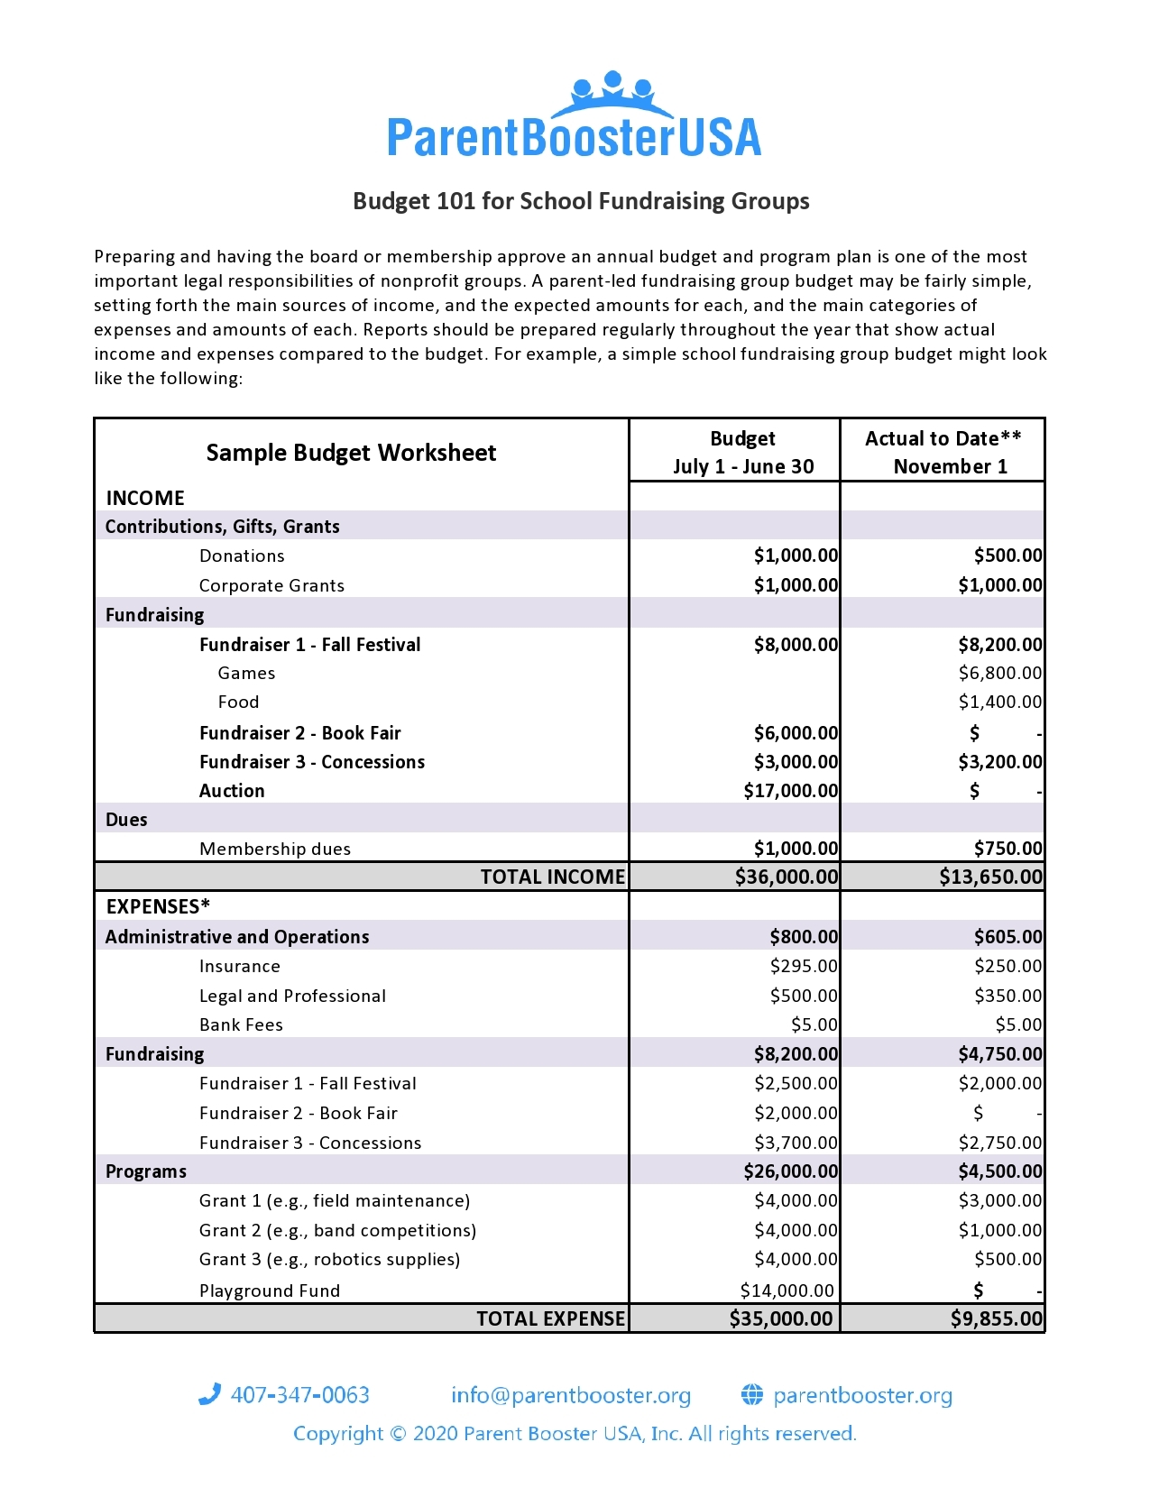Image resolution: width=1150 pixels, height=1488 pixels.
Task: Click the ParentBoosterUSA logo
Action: [x=575, y=117]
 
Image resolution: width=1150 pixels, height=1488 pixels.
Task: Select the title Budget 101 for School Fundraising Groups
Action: [x=581, y=201]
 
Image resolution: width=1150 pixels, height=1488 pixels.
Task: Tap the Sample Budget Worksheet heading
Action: [x=351, y=453]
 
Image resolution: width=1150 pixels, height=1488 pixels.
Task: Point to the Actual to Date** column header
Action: [x=943, y=439]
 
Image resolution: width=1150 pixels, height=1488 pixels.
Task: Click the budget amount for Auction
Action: [x=791, y=791]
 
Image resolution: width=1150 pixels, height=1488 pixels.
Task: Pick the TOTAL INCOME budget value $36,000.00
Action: [x=787, y=877]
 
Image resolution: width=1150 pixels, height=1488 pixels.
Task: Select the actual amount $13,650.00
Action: [x=990, y=877]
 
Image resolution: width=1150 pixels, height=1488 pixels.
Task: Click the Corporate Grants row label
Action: [x=271, y=585]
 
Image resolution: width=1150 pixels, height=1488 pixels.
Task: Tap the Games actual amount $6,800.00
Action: [x=999, y=673]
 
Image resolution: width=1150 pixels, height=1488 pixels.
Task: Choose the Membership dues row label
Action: [x=275, y=849]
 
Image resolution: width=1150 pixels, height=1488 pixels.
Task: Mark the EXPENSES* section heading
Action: [x=158, y=906]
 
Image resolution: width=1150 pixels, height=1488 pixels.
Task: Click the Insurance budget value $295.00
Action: [x=804, y=966]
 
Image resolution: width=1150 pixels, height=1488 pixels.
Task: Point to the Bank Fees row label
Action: [x=241, y=1024]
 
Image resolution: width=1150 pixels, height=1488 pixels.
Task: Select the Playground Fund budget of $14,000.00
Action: [x=787, y=1291]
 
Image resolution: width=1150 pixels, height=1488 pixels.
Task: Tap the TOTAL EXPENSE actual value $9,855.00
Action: [x=997, y=1318]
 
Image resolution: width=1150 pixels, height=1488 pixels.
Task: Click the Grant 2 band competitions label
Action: [x=337, y=1230]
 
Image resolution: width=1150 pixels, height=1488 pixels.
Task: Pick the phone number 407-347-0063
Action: [x=299, y=1395]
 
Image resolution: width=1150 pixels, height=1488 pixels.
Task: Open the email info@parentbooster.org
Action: [x=571, y=1395]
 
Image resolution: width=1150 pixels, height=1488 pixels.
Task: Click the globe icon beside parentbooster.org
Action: [x=752, y=1395]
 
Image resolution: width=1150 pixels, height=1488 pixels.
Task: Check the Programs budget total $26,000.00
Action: [x=791, y=1171]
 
